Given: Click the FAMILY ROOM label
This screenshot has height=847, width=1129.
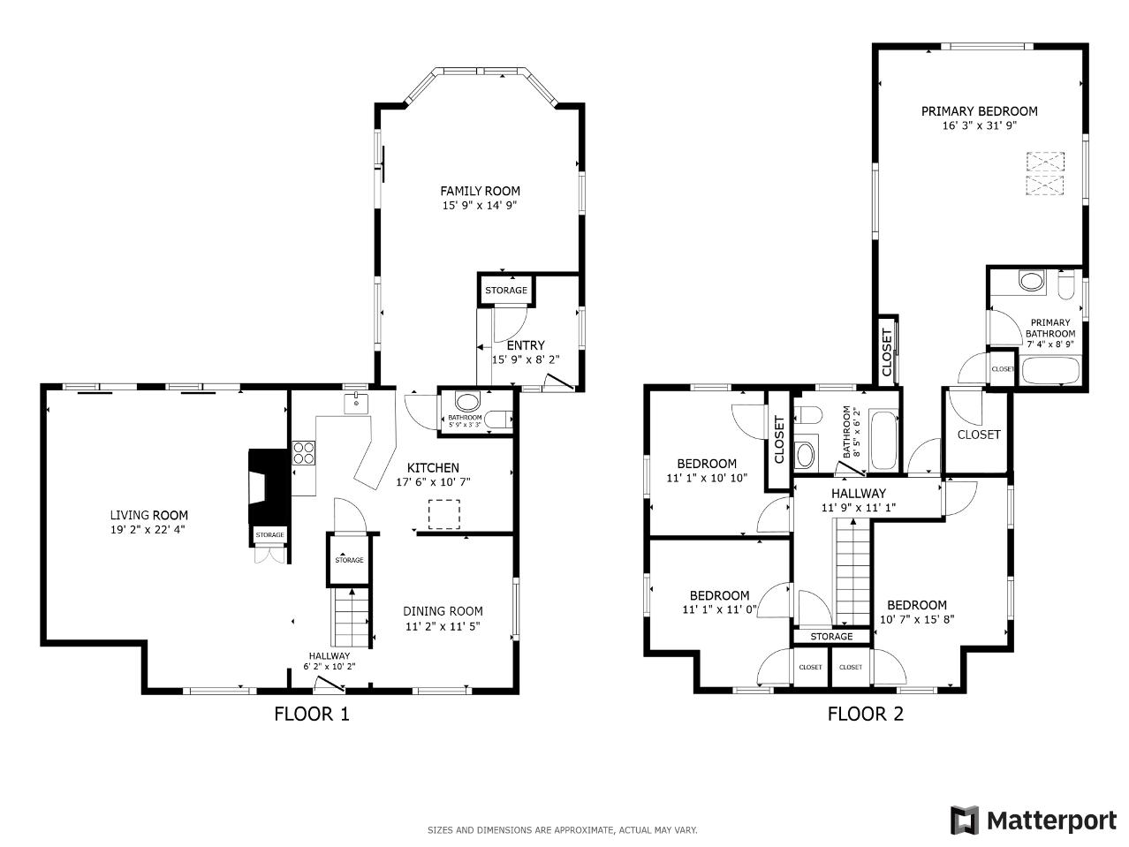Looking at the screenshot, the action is (x=480, y=192).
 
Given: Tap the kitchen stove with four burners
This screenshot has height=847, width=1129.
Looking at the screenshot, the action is (x=304, y=453).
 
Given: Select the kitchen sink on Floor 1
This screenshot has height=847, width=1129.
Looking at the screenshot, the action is (x=356, y=403).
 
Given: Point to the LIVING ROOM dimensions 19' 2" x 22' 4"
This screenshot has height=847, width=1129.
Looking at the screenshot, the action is (x=148, y=530).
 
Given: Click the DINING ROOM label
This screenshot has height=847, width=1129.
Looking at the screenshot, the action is (x=443, y=611).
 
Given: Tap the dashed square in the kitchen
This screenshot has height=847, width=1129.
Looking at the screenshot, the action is (x=443, y=514).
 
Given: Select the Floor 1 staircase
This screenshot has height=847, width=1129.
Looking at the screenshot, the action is (x=351, y=617).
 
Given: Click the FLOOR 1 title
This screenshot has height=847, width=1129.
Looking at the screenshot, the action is (x=312, y=715).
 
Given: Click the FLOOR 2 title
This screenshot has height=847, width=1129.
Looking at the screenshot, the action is (x=865, y=715).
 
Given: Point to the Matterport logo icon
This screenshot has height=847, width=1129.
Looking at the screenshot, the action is (x=965, y=820).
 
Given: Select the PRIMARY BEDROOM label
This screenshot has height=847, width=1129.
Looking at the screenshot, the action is (x=980, y=111).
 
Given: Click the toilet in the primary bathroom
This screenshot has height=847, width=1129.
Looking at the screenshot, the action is (x=1065, y=285).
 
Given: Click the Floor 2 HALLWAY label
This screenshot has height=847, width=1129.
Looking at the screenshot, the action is (x=859, y=494).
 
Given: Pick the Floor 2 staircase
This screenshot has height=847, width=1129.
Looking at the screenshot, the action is (x=852, y=572).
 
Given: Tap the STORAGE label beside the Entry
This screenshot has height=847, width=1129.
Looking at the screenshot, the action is (x=506, y=291).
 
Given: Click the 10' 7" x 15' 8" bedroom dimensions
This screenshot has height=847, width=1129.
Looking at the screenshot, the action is (x=917, y=620).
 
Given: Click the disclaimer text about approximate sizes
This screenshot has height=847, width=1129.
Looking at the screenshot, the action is (x=562, y=830).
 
